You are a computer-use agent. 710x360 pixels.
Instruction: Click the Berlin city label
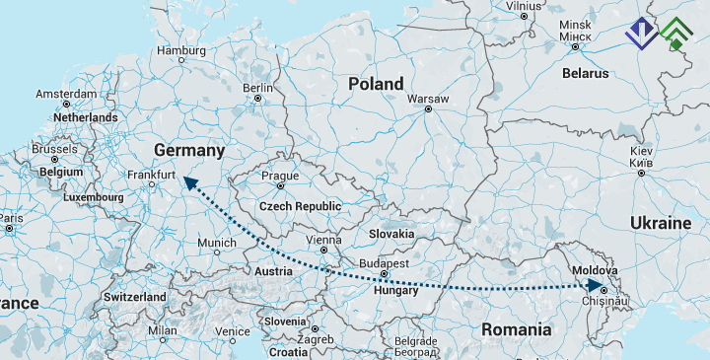point(257,87)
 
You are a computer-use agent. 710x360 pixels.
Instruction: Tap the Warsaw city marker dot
point(428,109)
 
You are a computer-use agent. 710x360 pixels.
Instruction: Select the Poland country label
point(376,84)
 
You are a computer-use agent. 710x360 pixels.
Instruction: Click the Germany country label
point(189,150)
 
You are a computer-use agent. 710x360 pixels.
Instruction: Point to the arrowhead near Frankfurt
point(184,180)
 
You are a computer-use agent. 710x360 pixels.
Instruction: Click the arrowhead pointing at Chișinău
point(595,286)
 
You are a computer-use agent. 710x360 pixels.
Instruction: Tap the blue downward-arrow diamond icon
point(642,35)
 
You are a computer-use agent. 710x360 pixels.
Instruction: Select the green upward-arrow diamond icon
point(676,35)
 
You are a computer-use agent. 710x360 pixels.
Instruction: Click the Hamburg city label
point(180,50)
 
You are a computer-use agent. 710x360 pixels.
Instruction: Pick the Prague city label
point(280,176)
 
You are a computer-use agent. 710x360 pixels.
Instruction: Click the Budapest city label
point(384,264)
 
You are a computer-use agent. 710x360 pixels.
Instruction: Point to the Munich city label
point(217,243)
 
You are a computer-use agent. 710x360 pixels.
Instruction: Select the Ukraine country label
point(661,223)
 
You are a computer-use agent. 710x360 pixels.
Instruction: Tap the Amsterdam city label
point(67,94)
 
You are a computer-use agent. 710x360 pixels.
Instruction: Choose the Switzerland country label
point(134,297)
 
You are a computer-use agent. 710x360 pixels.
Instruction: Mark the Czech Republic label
point(300,206)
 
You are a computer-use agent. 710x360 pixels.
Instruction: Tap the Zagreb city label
point(315,339)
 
